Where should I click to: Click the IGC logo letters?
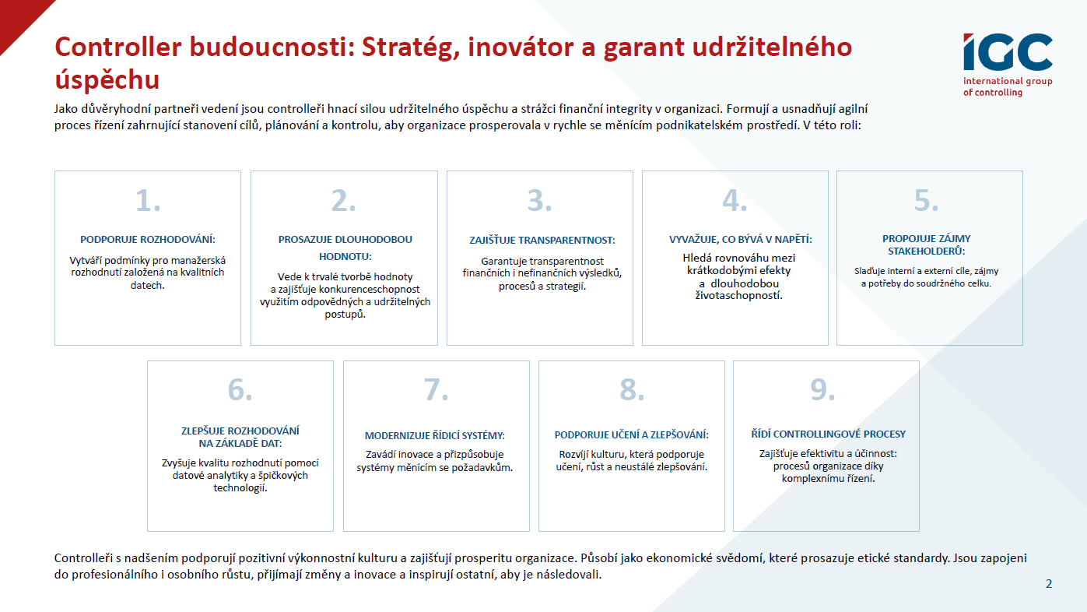[1008, 52]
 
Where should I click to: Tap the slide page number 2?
[1049, 584]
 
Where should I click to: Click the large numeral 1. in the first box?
[148, 200]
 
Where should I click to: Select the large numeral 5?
[926, 200]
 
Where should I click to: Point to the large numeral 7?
[436, 389]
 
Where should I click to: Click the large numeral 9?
[822, 389]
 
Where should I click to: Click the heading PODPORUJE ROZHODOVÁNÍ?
[148, 240]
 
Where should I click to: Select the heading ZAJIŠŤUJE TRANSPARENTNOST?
[542, 241]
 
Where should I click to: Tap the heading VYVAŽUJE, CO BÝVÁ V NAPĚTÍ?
[740, 240]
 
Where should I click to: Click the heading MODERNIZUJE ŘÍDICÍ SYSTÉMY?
[435, 436]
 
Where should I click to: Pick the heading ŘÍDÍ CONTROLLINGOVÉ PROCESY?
[829, 434]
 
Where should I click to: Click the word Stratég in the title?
[411, 48]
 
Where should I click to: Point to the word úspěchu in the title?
[107, 80]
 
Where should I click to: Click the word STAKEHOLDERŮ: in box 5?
[927, 251]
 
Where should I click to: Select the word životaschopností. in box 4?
[738, 295]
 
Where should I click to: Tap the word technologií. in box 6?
[240, 487]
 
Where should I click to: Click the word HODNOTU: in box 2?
[345, 256]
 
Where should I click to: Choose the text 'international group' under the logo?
[1008, 82]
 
